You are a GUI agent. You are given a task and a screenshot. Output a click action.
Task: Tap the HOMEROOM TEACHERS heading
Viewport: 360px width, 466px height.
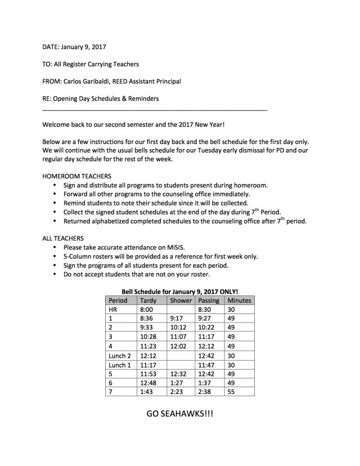click(76, 176)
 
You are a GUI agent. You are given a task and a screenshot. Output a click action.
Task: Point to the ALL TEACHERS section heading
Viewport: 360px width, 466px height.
click(63, 239)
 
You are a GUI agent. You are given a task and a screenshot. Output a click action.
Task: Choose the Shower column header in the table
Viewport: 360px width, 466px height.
click(181, 301)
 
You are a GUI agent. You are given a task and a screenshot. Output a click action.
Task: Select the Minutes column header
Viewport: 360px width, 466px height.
click(238, 301)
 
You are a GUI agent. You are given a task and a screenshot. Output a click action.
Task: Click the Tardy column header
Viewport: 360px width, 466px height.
click(148, 301)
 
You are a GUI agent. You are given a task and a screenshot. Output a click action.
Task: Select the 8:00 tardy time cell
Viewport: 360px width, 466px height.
click(146, 310)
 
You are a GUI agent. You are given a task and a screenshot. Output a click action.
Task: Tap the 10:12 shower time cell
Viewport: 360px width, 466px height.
click(178, 328)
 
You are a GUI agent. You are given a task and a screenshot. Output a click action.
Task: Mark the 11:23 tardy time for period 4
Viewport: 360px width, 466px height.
click(148, 346)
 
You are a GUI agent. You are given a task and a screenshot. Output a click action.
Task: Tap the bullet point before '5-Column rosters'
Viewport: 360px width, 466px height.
click(54, 256)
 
